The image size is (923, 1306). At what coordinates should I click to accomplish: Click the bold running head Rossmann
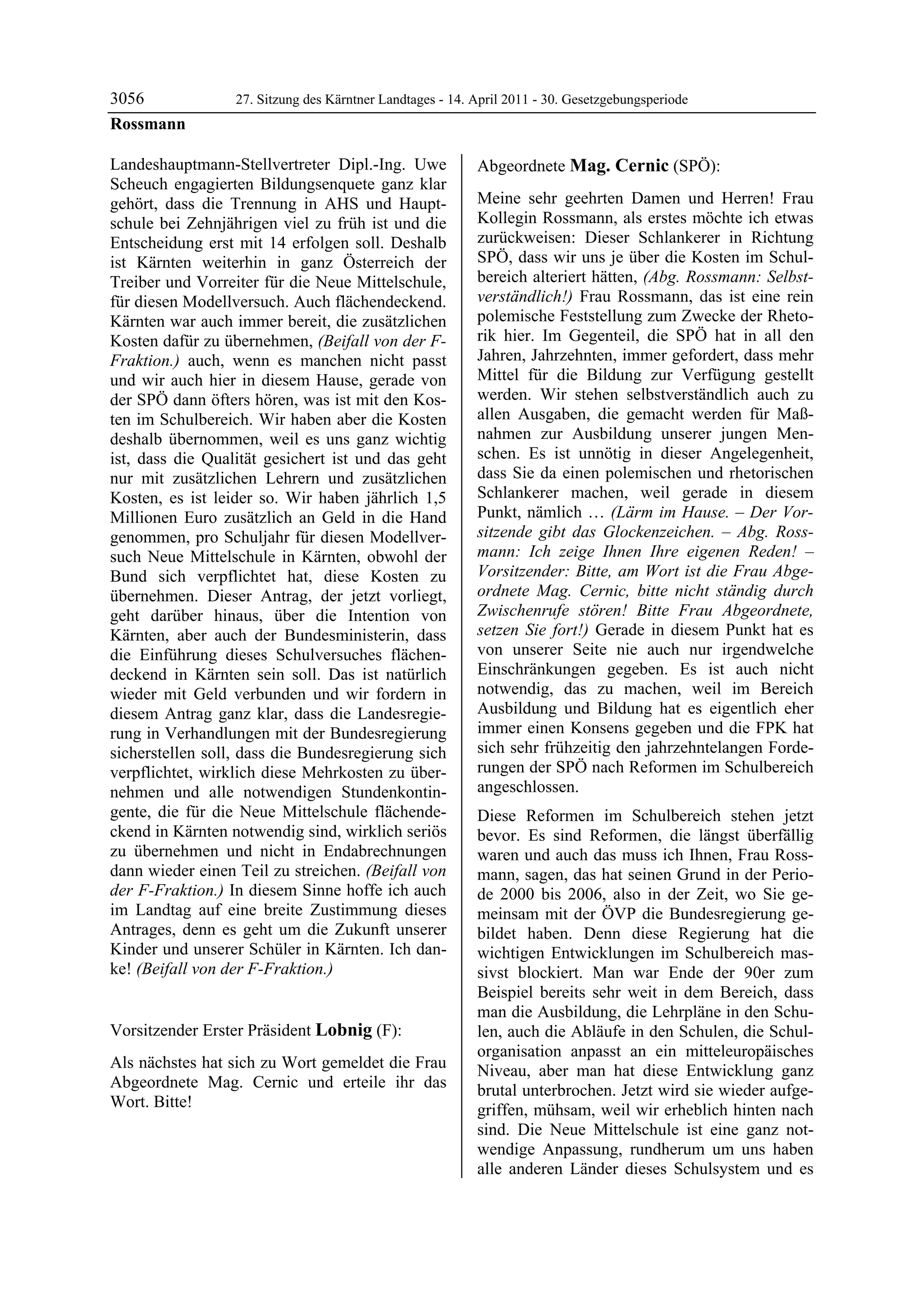(x=147, y=124)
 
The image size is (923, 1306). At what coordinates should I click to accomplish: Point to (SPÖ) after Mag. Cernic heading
(x=696, y=167)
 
